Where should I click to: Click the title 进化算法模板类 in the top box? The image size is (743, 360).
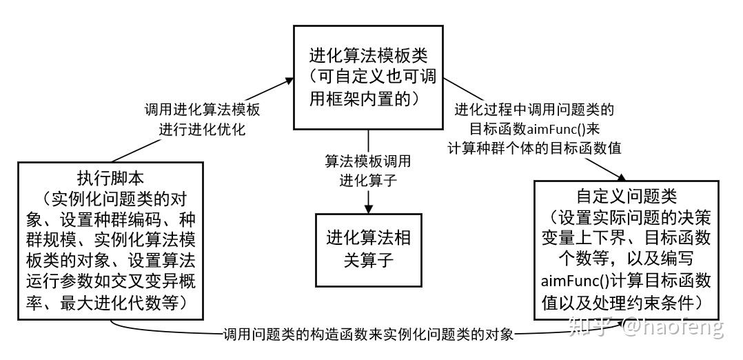coord(368,56)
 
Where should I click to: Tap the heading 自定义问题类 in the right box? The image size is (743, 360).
coord(627,196)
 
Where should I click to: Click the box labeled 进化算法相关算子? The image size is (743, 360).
coord(368,249)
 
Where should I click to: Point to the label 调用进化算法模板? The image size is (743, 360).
coord(203,110)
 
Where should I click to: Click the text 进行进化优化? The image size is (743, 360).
coord(203,130)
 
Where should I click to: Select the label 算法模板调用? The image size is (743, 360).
coord(368,161)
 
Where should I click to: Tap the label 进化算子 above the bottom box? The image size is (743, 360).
coord(368,181)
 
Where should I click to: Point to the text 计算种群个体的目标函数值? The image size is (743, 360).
coord(535,148)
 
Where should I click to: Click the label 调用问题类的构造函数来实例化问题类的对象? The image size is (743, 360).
coord(368,335)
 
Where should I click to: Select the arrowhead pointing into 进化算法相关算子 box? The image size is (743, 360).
coord(368,208)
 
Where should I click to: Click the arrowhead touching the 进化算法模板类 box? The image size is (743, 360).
coord(288,81)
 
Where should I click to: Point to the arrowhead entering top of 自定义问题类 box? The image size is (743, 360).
coord(620,176)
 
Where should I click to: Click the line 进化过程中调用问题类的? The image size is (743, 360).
coord(535,110)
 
